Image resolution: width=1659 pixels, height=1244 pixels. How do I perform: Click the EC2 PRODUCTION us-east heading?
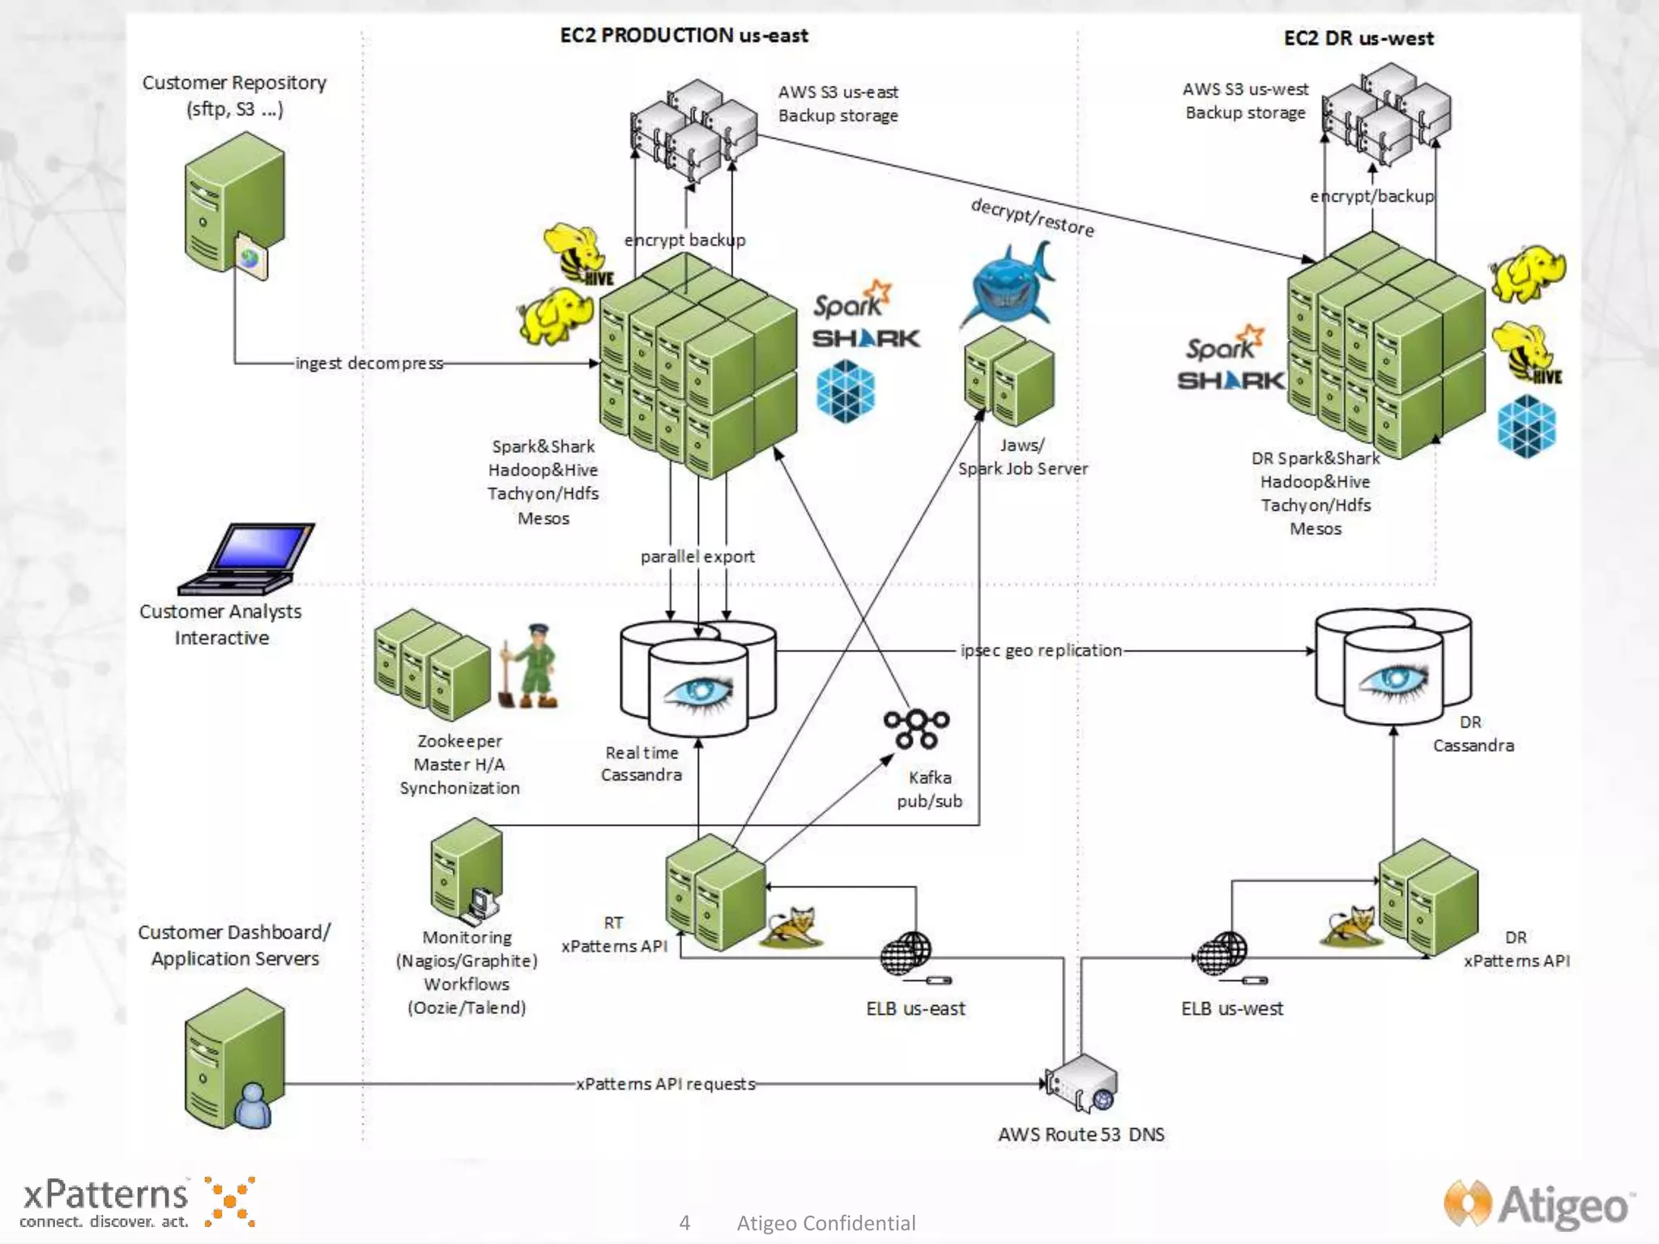click(684, 36)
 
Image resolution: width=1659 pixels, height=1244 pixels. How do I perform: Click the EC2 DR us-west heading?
click(1358, 38)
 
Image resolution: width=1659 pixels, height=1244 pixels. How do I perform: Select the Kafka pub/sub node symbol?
click(916, 729)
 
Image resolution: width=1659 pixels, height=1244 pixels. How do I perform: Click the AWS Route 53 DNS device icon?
click(1081, 1084)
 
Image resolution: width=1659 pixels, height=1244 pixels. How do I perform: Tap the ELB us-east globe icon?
click(906, 953)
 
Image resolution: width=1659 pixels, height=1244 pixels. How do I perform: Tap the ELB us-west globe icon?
click(1222, 953)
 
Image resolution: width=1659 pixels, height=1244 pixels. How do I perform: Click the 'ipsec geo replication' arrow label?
click(1041, 650)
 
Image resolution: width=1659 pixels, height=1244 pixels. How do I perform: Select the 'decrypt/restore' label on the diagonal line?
click(1032, 217)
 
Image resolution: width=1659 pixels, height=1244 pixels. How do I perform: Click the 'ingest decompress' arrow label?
click(369, 363)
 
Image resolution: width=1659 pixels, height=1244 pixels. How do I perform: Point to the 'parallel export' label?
click(697, 556)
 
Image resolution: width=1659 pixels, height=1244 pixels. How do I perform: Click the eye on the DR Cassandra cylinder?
click(1394, 679)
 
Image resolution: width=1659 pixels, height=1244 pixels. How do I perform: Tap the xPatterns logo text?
click(105, 1195)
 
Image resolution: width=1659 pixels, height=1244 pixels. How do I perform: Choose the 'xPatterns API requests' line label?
click(665, 1084)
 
